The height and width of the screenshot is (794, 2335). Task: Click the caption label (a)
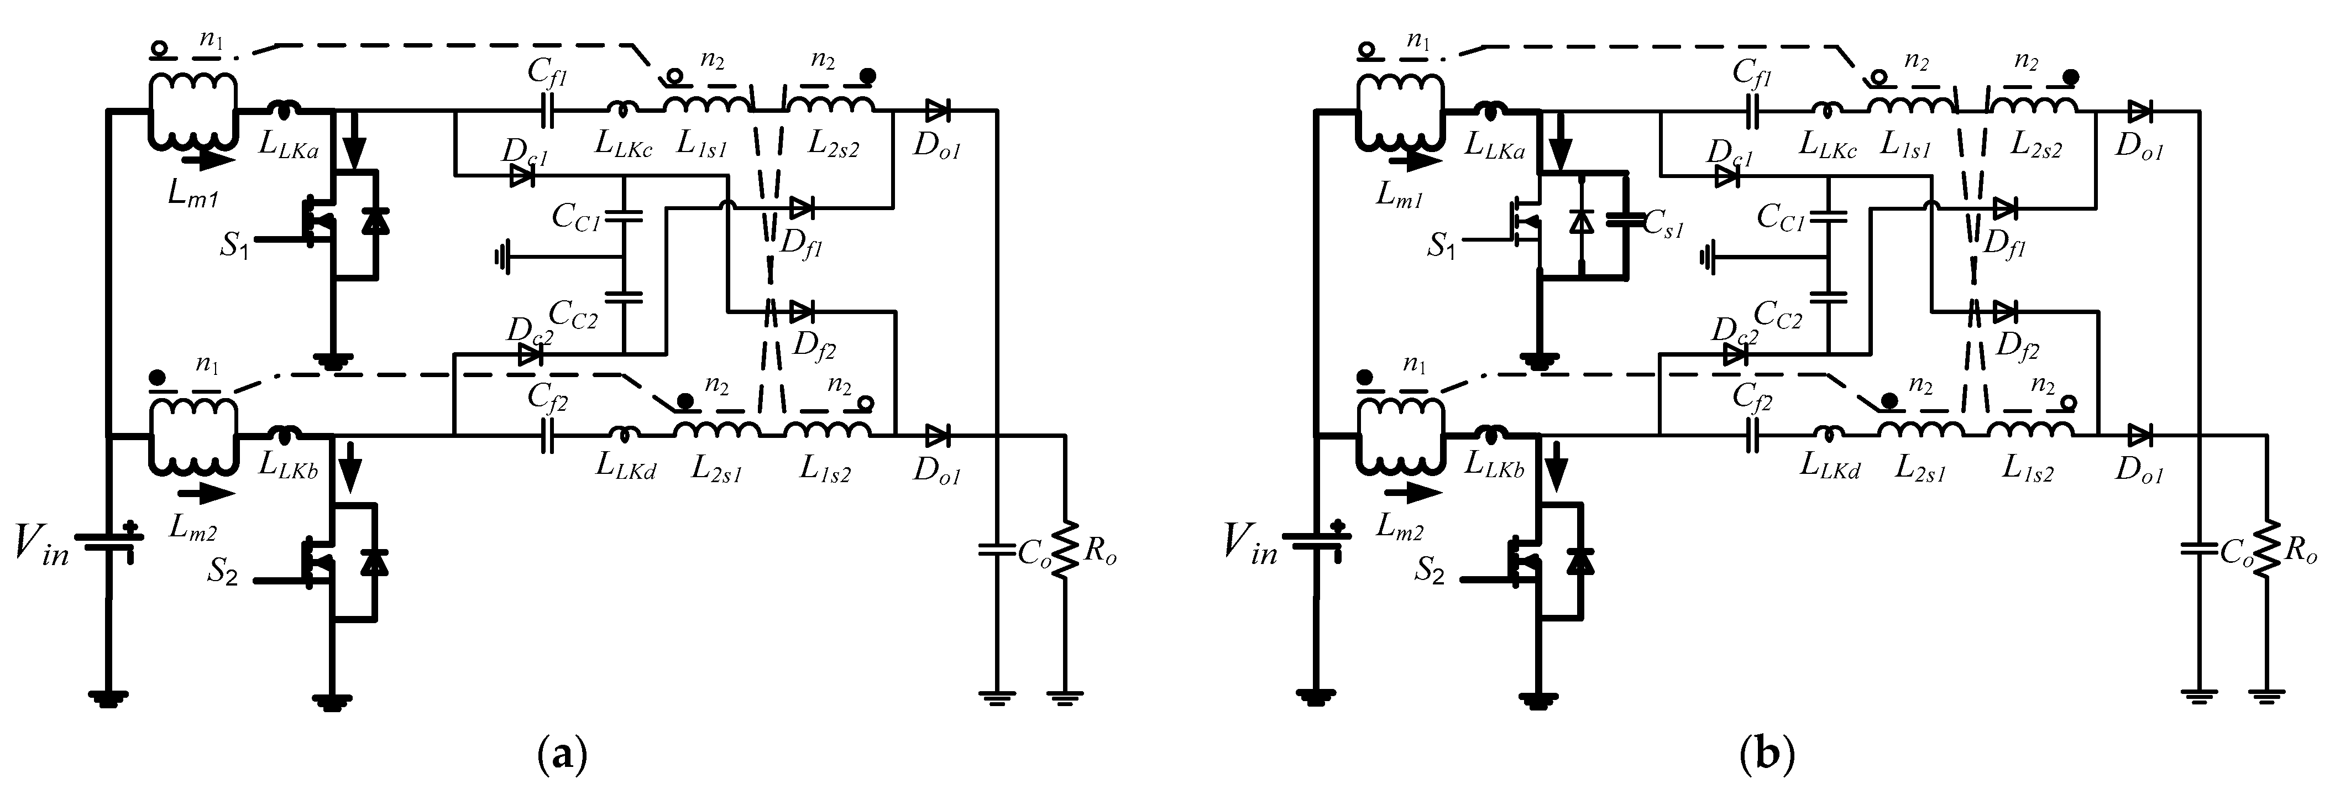click(563, 754)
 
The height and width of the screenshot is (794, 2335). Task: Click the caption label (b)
click(1768, 754)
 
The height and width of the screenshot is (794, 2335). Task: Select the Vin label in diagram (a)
click(41, 546)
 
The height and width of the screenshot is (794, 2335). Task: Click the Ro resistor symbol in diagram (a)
click(1065, 549)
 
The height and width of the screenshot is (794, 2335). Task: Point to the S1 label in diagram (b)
click(1441, 245)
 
